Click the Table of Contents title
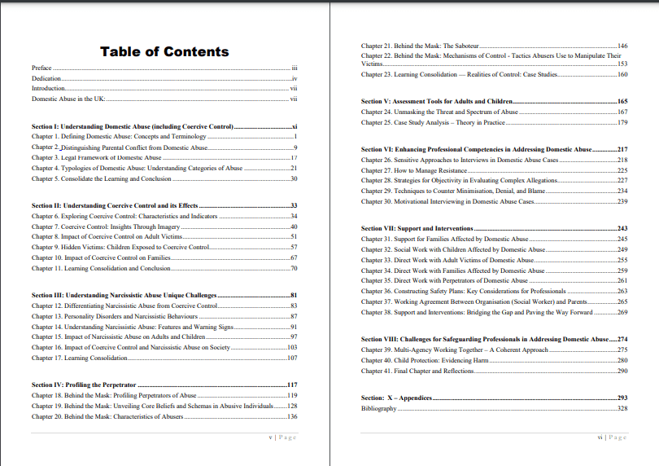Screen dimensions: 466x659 164,52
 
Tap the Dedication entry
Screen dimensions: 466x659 46,77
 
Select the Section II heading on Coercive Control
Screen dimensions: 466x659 115,206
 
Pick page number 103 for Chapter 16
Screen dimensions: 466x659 292,347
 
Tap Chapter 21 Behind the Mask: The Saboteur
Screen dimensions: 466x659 421,46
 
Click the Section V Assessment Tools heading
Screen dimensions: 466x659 437,102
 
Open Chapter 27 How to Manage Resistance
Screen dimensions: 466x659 414,169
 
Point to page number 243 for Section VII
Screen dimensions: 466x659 622,229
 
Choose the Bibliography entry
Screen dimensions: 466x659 379,408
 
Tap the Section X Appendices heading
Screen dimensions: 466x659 396,398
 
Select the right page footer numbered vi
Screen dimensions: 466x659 610,437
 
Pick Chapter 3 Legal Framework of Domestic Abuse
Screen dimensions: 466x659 97,157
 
